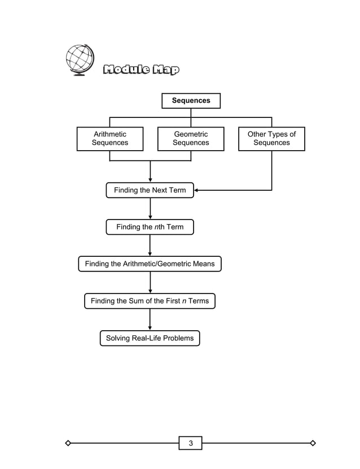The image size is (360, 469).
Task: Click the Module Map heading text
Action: pos(141,70)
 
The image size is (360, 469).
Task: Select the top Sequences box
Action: pos(191,100)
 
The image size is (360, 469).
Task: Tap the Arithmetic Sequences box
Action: pos(110,139)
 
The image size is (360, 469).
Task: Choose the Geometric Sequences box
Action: pos(191,139)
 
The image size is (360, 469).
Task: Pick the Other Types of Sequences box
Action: pos(271,139)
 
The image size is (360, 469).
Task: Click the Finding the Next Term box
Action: pos(150,190)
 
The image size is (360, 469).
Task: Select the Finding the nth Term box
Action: pos(150,227)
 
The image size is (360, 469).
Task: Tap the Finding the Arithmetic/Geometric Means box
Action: pos(150,264)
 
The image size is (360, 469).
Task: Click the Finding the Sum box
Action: pos(150,301)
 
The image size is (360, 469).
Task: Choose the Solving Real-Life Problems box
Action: pos(150,338)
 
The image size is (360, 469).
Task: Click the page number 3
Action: pos(191,443)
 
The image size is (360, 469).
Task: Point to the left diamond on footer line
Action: pos(68,443)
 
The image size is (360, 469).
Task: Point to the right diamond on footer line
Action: pos(313,443)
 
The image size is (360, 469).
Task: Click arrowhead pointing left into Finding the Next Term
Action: pos(197,190)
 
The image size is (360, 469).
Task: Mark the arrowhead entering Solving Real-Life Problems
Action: pos(150,328)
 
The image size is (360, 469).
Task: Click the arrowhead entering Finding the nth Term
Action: pos(150,217)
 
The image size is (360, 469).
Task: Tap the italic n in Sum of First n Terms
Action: pos(184,301)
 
